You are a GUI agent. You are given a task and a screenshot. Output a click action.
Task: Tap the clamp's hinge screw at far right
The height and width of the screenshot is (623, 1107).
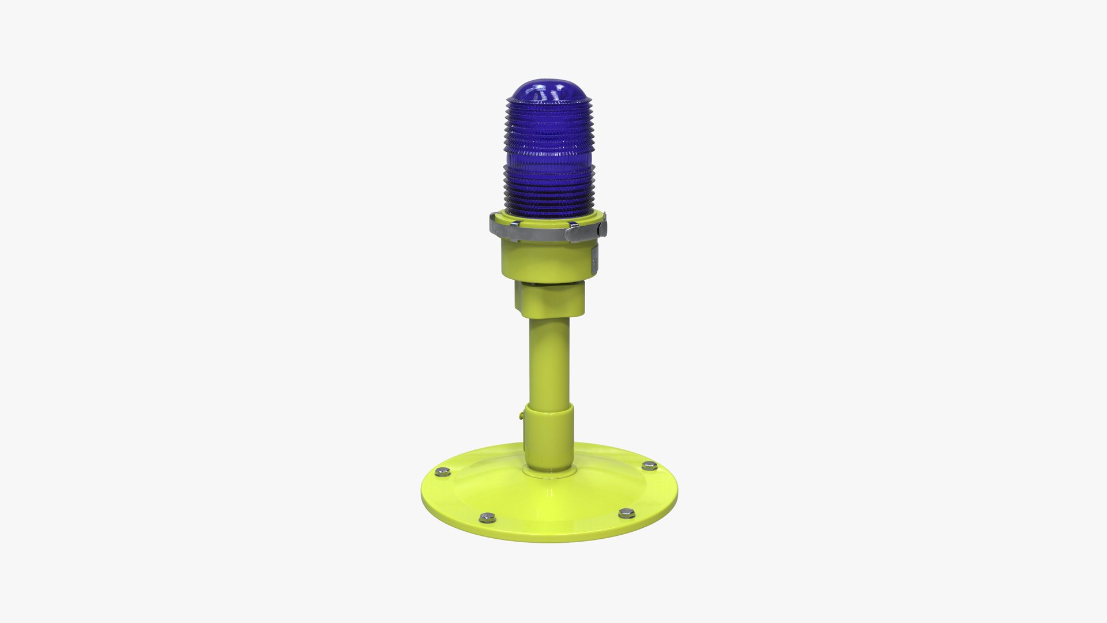pyautogui.click(x=604, y=226)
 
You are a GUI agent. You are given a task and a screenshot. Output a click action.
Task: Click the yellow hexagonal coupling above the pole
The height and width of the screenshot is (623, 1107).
pyautogui.click(x=549, y=300)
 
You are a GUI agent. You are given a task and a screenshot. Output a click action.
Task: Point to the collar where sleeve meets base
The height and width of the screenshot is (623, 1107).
pyautogui.click(x=549, y=470)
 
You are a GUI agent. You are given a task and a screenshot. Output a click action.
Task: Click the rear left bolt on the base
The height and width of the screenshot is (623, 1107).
pyautogui.click(x=442, y=472)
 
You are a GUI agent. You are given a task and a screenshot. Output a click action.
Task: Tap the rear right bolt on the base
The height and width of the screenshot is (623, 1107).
pyautogui.click(x=650, y=466)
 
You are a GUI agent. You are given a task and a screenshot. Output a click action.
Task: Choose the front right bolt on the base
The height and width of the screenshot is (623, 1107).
pyautogui.click(x=627, y=512)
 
